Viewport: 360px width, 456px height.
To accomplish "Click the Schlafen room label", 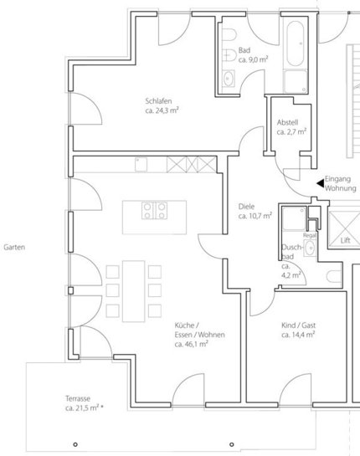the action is [x=158, y=101].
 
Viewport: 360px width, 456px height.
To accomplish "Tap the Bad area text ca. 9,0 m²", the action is [x=253, y=59].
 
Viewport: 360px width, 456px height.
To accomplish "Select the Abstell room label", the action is [x=287, y=122].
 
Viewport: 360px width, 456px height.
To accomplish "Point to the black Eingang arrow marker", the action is [x=320, y=183].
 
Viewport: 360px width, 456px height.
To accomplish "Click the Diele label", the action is [x=246, y=207].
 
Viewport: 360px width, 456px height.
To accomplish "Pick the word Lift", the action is [x=346, y=240].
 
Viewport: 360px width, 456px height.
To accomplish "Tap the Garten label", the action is [x=14, y=247].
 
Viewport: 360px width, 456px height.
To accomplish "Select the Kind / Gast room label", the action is [x=298, y=325].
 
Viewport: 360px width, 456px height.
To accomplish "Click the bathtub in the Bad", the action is [x=295, y=44].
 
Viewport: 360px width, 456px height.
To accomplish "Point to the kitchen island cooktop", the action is [x=155, y=211].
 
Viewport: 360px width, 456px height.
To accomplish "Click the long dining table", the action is [x=134, y=291].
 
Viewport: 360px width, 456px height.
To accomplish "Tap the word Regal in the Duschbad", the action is [x=310, y=235].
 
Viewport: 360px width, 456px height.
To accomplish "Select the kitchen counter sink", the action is [x=141, y=164].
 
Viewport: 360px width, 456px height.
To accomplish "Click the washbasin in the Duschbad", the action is [x=310, y=248].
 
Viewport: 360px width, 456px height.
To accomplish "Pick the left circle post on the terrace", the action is [x=75, y=444].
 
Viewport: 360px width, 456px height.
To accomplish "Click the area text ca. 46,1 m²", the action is [x=191, y=345].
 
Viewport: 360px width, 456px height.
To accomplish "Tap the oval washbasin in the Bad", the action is [x=229, y=79].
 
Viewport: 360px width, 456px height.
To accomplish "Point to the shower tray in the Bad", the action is [x=296, y=81].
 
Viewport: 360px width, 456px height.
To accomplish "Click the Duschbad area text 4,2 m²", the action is [x=291, y=275].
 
